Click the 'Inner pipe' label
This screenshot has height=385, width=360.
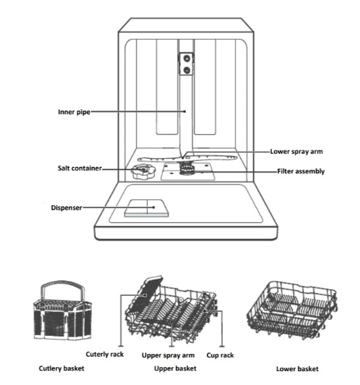[74, 112]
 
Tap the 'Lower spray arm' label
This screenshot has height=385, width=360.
[296, 152]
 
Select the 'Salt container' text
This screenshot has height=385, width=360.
[79, 168]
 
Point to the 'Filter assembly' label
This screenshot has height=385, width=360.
[301, 171]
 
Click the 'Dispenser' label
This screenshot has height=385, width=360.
[66, 208]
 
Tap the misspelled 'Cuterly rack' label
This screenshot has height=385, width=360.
[104, 354]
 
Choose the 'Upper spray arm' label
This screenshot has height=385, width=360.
[168, 355]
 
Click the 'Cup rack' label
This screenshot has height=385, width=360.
[220, 355]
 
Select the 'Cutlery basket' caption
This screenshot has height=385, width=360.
[61, 369]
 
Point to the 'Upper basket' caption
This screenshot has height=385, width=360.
[175, 369]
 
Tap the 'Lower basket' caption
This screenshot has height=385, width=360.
[298, 369]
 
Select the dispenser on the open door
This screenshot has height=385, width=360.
[146, 208]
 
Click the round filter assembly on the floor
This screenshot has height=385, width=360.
[187, 169]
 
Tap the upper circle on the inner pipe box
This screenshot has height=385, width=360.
[187, 58]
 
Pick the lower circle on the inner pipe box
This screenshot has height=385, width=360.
[187, 70]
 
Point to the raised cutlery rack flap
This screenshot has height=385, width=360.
[145, 294]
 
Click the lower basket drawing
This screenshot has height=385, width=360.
[292, 311]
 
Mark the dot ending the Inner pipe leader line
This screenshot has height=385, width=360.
[185, 112]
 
